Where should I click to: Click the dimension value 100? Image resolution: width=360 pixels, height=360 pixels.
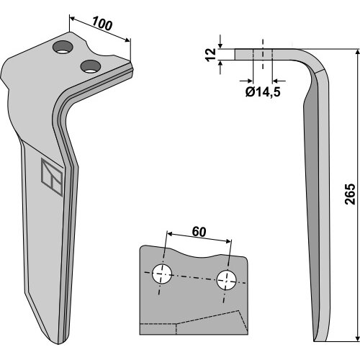pos(102,24)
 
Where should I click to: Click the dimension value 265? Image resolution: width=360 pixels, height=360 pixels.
pos(350,194)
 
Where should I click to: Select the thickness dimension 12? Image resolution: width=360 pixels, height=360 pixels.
pos(211,55)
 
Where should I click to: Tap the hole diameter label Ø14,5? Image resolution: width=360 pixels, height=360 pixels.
pos(263,92)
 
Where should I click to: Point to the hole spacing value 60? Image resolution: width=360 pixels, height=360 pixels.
pos(199,232)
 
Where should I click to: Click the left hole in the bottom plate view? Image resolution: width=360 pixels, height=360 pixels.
pos(162,274)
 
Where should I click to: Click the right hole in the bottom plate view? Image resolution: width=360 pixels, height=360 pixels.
pos(226,280)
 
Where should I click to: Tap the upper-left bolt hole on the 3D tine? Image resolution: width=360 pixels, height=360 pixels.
pos(63,48)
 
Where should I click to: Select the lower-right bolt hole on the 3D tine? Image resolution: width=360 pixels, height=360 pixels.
pos(91,66)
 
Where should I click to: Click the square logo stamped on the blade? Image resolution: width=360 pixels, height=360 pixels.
pos(52,177)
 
